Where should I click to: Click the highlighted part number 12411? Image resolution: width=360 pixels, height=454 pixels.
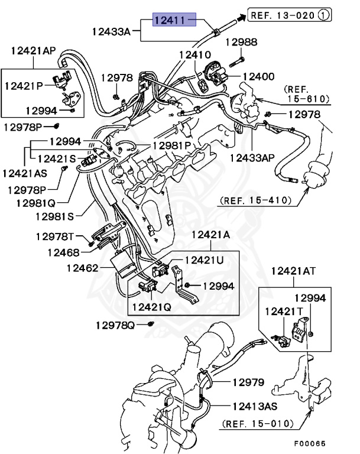171,21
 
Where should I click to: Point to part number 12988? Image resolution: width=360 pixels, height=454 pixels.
241,42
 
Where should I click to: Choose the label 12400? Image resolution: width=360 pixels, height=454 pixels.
258,77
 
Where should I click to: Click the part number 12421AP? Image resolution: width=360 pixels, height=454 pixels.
33,51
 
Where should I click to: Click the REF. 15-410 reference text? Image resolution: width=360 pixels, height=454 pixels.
255,201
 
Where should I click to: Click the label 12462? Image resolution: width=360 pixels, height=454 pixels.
82,268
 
